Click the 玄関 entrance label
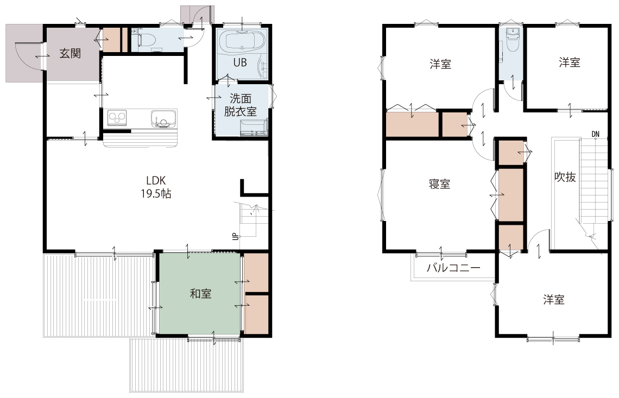[x=70, y=53]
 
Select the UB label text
[x=241, y=62]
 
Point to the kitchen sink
[x=162, y=118]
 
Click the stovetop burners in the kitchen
[x=117, y=118]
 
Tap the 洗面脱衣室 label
[x=241, y=105]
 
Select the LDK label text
[x=156, y=180]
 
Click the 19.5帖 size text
[x=156, y=193]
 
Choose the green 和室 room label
[x=200, y=293]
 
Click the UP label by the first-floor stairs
[x=235, y=237]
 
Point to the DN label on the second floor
[x=596, y=134]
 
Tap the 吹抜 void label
[x=565, y=177]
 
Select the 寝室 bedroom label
[x=439, y=184]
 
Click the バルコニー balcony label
[x=453, y=268]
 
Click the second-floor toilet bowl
[x=512, y=41]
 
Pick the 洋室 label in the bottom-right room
[x=553, y=300]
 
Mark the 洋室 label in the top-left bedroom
[x=440, y=64]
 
